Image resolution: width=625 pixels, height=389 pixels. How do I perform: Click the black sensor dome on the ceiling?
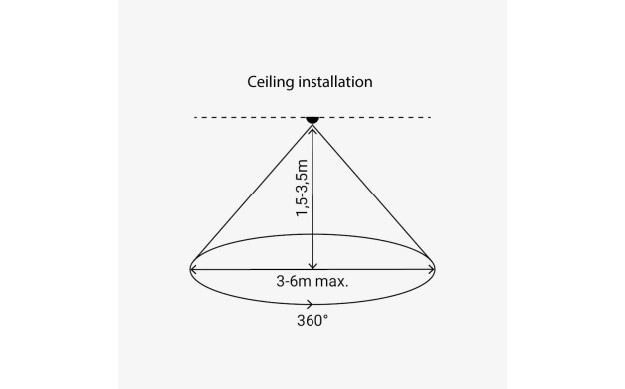coord(312,120)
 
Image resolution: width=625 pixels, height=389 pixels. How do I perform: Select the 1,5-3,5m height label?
coord(302,188)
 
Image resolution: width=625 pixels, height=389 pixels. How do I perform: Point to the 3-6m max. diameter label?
coord(312,282)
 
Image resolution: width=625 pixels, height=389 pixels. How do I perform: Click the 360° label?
coord(312,321)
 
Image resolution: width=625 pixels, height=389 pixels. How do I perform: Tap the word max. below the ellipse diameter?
coord(332,282)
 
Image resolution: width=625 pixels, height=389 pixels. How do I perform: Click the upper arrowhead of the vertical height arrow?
coord(312,129)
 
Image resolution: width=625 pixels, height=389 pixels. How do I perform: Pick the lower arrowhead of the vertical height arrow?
coord(312,266)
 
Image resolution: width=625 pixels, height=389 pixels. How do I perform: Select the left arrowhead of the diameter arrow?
coord(193,270)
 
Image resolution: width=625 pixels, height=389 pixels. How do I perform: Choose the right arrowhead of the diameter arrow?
coord(431,270)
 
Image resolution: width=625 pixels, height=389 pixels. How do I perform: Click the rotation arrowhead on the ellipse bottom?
coord(310,305)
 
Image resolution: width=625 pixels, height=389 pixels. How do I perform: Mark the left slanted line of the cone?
coord(254,192)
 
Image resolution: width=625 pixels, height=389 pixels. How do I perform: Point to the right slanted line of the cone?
coord(371,192)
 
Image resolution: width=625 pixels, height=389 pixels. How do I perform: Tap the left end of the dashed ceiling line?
coord(195,117)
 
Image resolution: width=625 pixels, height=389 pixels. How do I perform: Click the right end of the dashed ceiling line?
coord(430,117)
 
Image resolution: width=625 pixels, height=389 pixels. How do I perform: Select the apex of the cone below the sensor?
coord(312,125)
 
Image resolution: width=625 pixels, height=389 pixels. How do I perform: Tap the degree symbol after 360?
coord(326,316)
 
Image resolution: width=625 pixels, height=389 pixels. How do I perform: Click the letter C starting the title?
coord(252,82)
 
